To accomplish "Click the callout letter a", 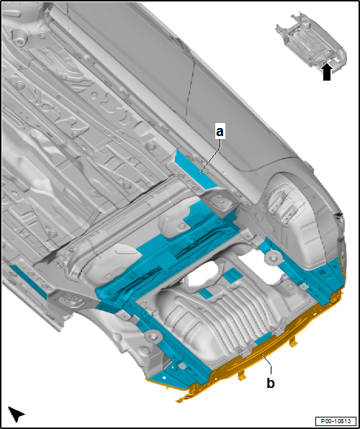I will [x=220, y=132].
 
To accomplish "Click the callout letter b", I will [x=270, y=382].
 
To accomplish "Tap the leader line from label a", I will [x=210, y=153].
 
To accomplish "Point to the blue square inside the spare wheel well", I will [x=232, y=274].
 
